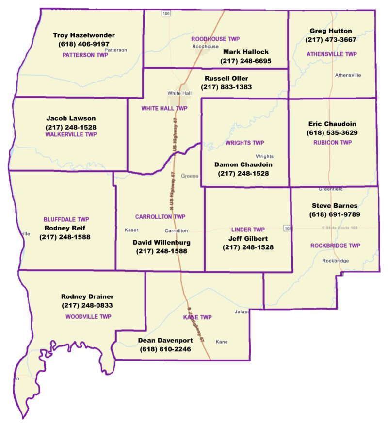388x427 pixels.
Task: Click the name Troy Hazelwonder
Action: coord(84,35)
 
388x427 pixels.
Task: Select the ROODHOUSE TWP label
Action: coord(215,38)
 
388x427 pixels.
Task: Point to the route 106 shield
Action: coord(166,13)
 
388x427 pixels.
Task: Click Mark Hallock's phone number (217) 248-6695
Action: coord(245,61)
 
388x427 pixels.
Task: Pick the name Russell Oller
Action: coord(226,78)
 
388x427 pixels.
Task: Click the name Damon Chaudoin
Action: coord(243,164)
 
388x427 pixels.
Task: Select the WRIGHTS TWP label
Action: coord(245,143)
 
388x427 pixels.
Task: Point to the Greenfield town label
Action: coord(330,188)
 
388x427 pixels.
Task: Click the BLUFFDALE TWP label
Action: coord(66,219)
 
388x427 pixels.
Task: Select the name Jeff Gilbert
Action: coord(248,238)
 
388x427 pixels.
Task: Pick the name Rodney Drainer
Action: coord(87,296)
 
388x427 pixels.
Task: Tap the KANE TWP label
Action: coord(197,317)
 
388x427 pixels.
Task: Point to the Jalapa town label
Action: coord(242,312)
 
